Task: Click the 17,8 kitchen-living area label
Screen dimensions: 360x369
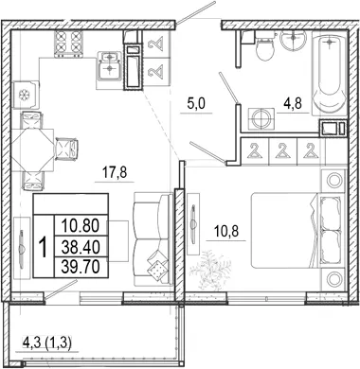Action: click(115, 172)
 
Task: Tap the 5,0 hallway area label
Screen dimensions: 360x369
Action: click(196, 103)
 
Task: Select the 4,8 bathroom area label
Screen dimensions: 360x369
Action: click(293, 103)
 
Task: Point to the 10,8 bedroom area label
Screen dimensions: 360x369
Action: click(226, 231)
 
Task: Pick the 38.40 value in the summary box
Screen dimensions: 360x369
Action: click(81, 247)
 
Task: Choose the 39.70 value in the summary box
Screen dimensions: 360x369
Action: click(81, 267)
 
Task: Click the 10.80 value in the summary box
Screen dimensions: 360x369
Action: click(81, 226)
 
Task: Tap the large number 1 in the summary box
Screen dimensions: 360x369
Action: click(44, 247)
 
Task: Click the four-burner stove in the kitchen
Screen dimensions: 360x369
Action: click(69, 44)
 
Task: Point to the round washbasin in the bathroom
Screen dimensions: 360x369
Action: click(293, 41)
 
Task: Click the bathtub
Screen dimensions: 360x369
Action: click(329, 73)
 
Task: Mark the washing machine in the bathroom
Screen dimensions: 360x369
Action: click(261, 118)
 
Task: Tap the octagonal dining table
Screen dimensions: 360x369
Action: click(32, 150)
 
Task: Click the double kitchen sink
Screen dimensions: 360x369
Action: click(109, 65)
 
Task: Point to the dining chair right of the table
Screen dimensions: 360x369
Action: click(66, 148)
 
